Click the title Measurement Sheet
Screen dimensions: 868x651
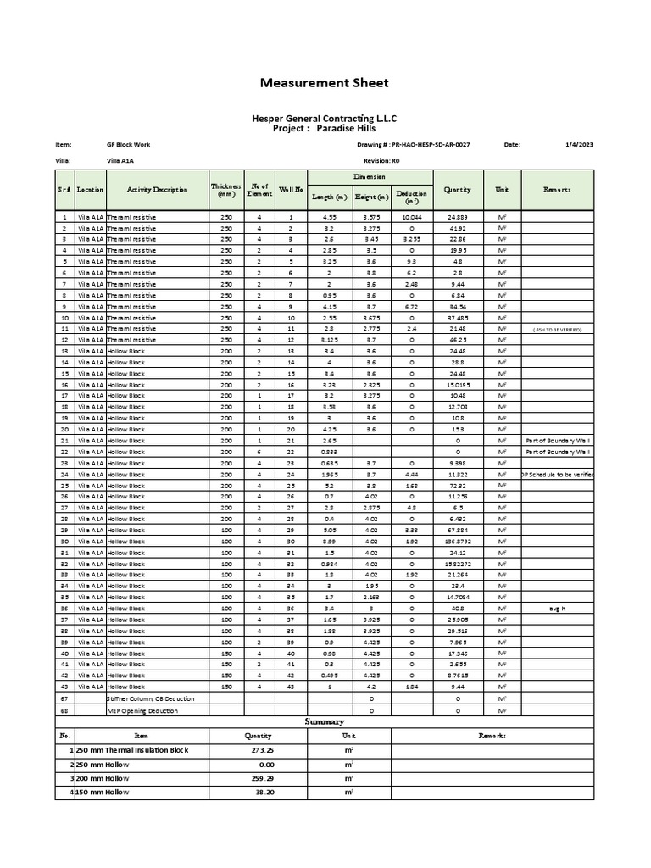(x=324, y=82)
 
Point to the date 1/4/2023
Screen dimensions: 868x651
(x=580, y=145)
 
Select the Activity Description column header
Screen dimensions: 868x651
(x=157, y=190)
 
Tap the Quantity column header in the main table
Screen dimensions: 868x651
(x=457, y=190)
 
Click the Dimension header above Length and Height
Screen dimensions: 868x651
(x=370, y=176)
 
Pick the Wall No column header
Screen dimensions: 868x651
(x=290, y=190)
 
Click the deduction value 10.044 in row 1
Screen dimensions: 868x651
(x=412, y=217)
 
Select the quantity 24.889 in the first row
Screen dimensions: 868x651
(x=457, y=217)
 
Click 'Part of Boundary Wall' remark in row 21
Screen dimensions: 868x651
(x=557, y=441)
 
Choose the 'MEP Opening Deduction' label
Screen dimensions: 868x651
(x=142, y=710)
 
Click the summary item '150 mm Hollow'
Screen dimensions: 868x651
(x=106, y=792)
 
